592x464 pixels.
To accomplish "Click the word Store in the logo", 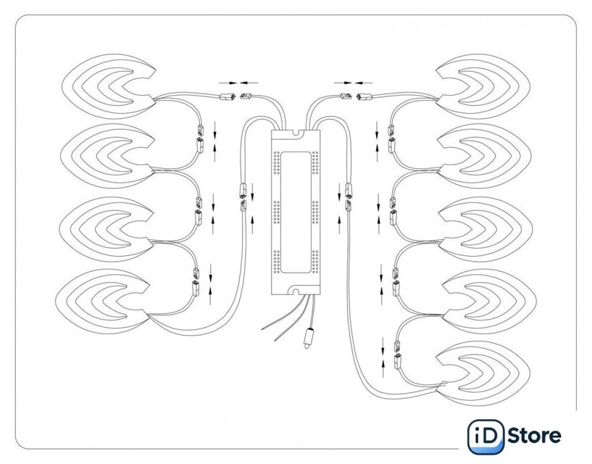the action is pos(534,436).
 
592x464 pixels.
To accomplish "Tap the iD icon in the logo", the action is pos(486,436).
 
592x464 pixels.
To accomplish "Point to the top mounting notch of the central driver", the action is pos(296,133).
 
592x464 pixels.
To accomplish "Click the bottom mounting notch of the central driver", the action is pos(295,291).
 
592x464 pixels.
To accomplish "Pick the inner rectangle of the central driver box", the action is pos(296,212).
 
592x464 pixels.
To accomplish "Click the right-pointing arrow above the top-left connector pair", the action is pos(228,83).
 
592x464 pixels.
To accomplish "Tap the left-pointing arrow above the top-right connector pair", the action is pos(364,83).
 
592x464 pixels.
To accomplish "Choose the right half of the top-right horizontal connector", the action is pos(364,96).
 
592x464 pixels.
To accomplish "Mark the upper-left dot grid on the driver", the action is pos(276,163).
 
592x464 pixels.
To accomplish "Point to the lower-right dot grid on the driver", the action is pos(315,262).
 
